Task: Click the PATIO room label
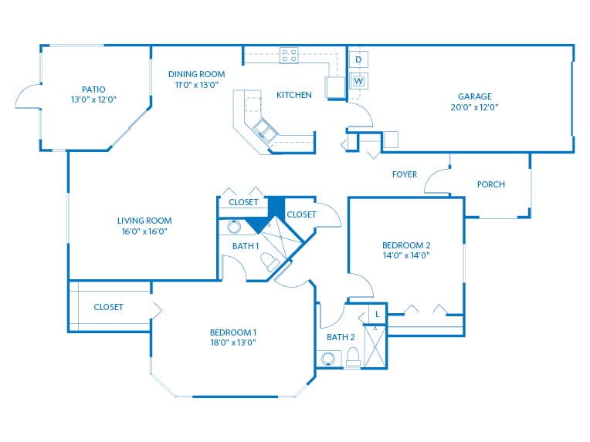(x=93, y=89)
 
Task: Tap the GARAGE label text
(x=474, y=96)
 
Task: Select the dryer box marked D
(x=358, y=59)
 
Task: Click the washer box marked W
(x=358, y=81)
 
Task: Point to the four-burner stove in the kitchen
(x=289, y=56)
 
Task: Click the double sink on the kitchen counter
(x=266, y=130)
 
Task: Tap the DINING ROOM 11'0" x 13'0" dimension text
(x=196, y=85)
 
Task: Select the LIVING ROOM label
(x=144, y=221)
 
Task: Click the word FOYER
(x=405, y=174)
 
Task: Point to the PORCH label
(x=491, y=184)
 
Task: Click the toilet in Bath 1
(x=270, y=261)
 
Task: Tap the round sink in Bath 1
(x=234, y=227)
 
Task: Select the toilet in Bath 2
(x=353, y=356)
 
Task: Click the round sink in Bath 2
(x=328, y=359)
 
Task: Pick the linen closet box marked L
(x=378, y=314)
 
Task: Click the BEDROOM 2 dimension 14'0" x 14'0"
(x=406, y=255)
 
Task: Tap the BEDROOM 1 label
(x=233, y=332)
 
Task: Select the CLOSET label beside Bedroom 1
(x=108, y=307)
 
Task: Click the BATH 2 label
(x=341, y=337)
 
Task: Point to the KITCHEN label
(x=294, y=95)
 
